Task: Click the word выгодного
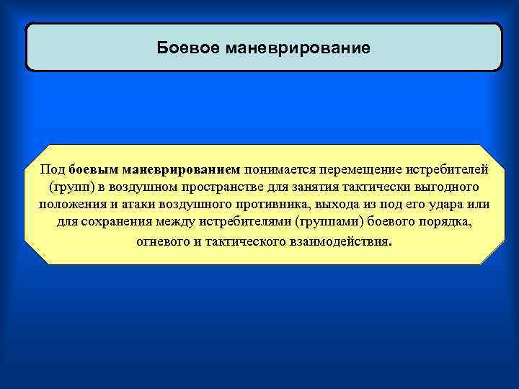439,188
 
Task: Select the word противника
270,205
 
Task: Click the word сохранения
113,223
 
